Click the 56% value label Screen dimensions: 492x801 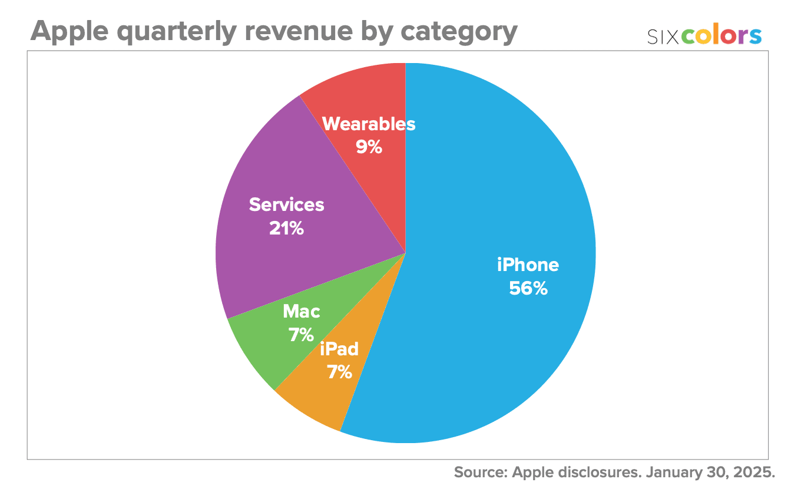(528, 289)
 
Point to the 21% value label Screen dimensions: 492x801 (286, 229)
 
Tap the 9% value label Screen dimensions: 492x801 (369, 147)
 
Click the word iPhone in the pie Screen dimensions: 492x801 (528, 265)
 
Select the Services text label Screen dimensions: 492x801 (286, 204)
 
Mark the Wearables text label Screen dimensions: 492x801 (369, 124)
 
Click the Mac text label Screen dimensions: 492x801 (301, 311)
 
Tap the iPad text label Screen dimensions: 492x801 (339, 349)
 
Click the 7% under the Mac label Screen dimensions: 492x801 (301, 335)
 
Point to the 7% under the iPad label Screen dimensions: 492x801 (340, 372)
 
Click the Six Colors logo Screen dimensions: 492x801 (704, 36)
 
